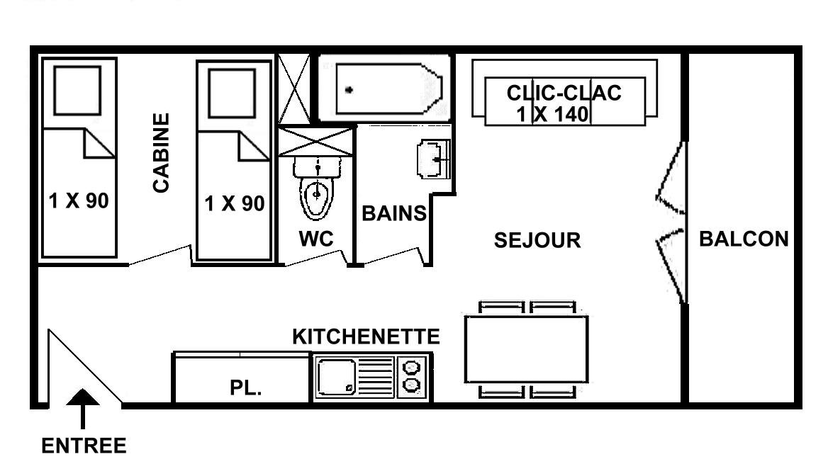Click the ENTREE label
click(x=84, y=446)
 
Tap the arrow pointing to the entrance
click(x=82, y=409)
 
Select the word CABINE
click(x=161, y=153)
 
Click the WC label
click(x=315, y=239)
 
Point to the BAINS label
click(x=394, y=214)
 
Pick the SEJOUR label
click(x=537, y=241)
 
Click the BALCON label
click(x=744, y=239)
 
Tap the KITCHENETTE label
click(x=366, y=336)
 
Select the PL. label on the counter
click(x=246, y=388)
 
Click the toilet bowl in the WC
click(x=317, y=198)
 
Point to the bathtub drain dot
click(x=349, y=90)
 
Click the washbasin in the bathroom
click(x=433, y=159)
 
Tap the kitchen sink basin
click(x=336, y=378)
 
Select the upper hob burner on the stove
click(x=411, y=366)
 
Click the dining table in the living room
click(x=527, y=349)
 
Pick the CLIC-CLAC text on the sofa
click(x=564, y=93)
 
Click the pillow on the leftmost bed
click(x=77, y=90)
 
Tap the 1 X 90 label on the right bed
click(x=235, y=204)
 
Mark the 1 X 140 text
click(x=552, y=114)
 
